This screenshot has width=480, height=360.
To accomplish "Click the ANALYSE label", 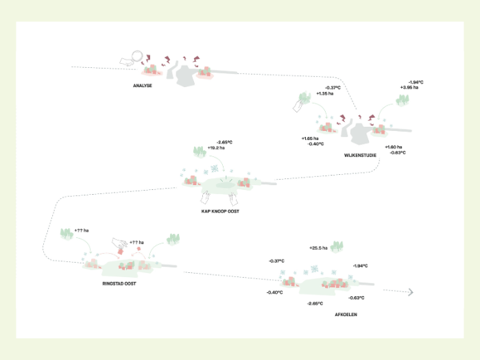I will tap(143, 86).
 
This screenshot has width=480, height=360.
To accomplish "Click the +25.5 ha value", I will tap(319, 248).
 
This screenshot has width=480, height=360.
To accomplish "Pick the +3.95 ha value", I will tap(409, 88).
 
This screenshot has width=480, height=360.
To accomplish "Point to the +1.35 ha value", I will tap(324, 93).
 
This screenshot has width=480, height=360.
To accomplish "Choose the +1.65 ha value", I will tap(313, 139).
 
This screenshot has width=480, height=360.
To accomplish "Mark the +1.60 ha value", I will tap(394, 147).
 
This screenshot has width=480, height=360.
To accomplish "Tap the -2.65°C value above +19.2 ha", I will tap(226, 142).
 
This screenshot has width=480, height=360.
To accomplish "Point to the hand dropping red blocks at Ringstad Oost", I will tap(120, 242).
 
